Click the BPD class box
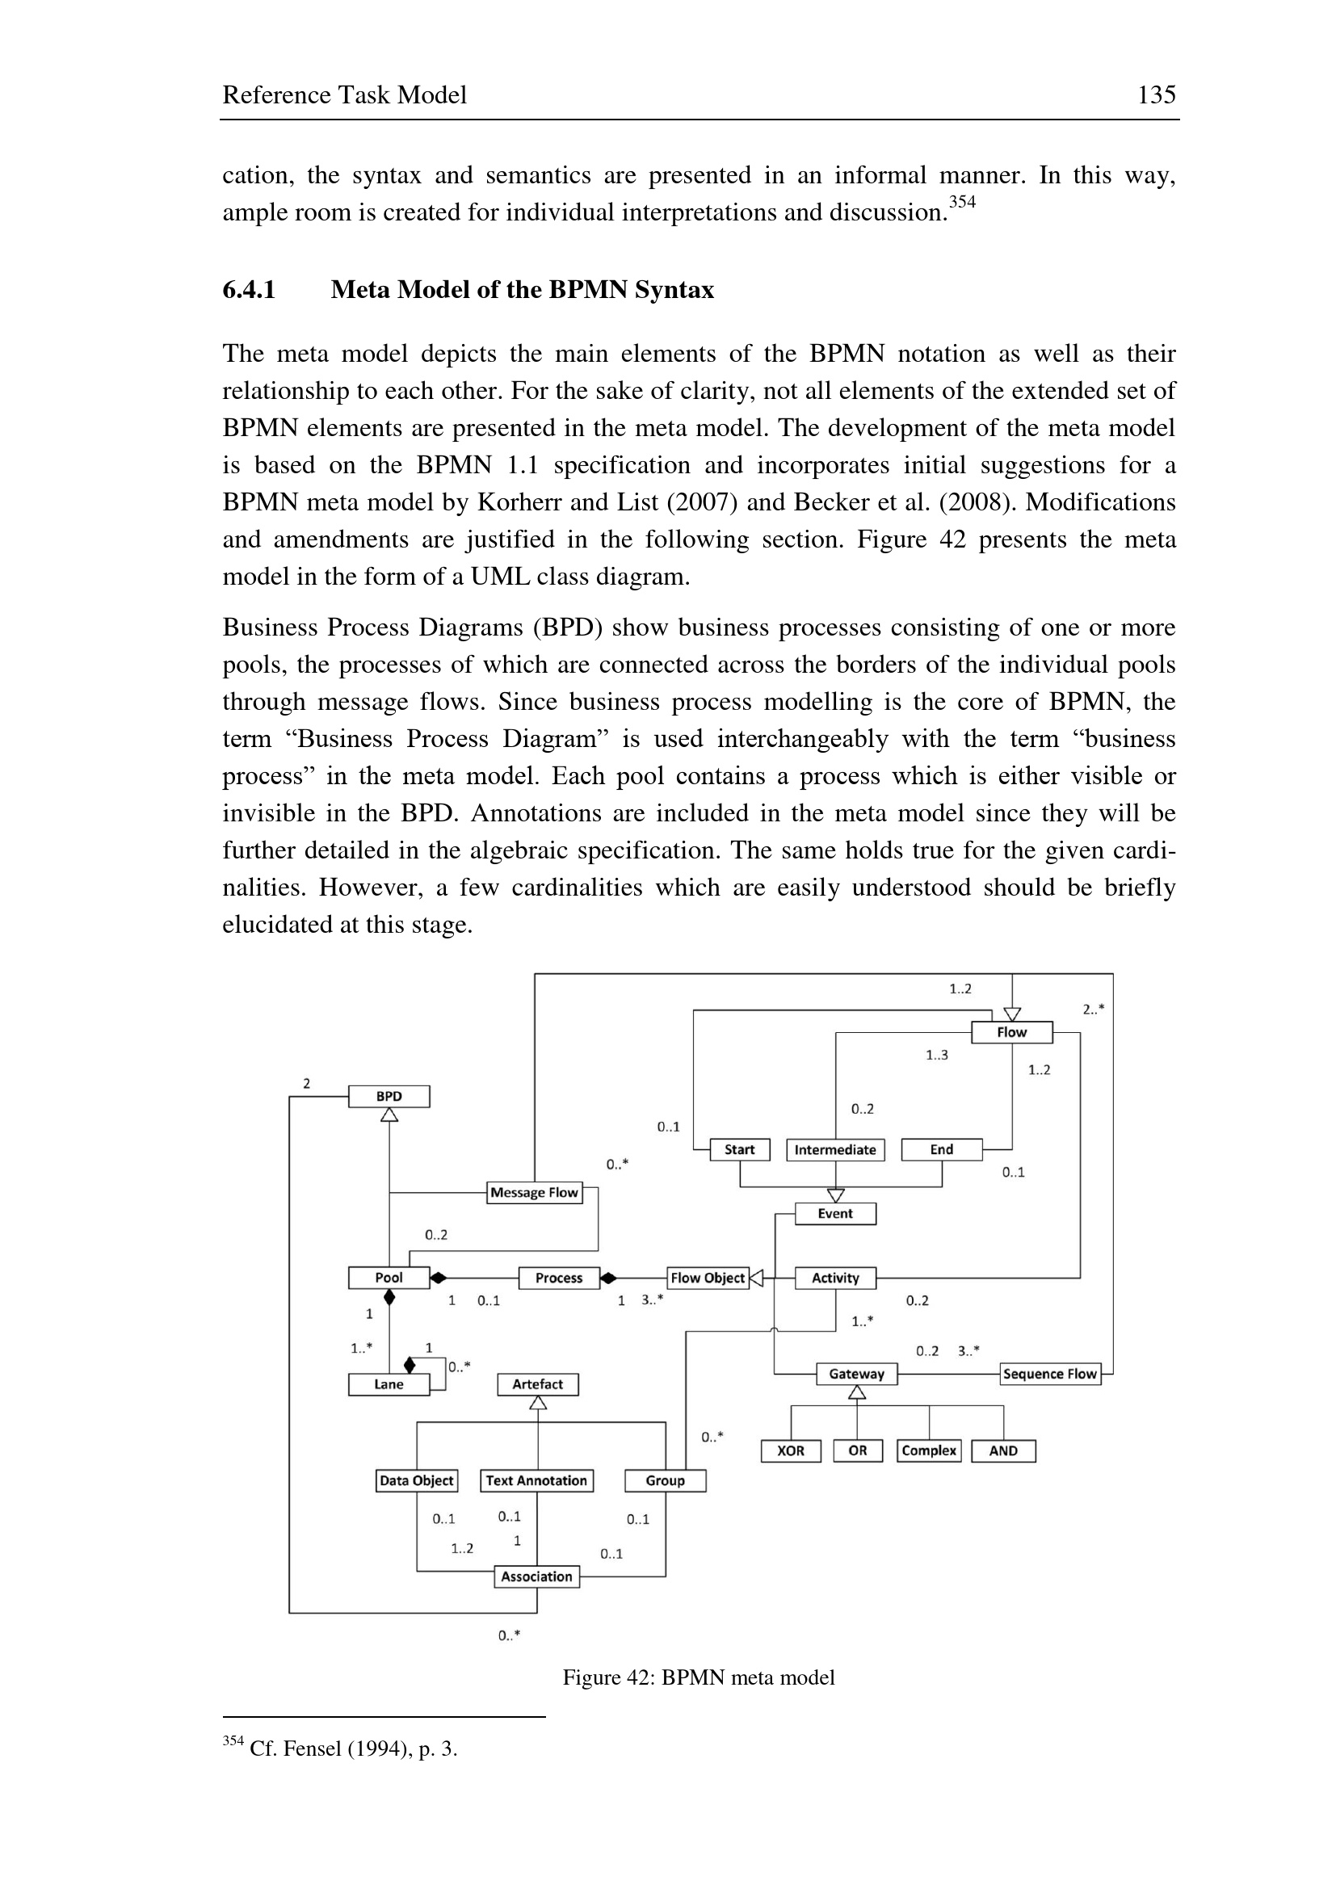pos(389,1097)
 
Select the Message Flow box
pos(535,1193)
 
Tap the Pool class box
pos(389,1278)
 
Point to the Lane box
pos(389,1385)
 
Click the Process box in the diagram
pos(559,1278)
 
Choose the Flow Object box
pos(708,1278)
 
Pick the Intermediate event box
pos(835,1150)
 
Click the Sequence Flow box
pos(1050,1374)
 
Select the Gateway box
pos(856,1374)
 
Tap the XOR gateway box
pos(791,1450)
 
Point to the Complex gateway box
pos(929,1450)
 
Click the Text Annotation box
pos(536,1481)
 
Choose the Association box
pos(536,1576)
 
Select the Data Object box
pos(416,1481)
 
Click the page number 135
pos(1156,95)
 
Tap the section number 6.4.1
pos(250,290)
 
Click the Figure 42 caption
pos(699,1677)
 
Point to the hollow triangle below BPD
pos(389,1115)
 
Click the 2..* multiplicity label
pos(1094,1010)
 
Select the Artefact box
pos(537,1385)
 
